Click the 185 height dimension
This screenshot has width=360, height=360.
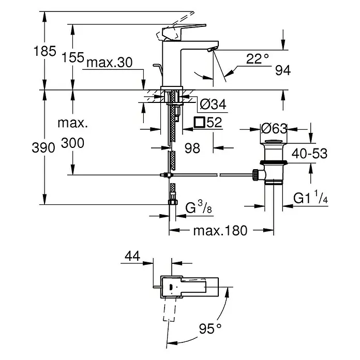point(45,51)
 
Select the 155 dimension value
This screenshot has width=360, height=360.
point(73,57)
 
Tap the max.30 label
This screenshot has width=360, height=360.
point(110,62)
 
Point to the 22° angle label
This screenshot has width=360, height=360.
point(258,59)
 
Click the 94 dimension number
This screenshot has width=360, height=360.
point(283,70)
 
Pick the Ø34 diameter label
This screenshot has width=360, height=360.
point(213,104)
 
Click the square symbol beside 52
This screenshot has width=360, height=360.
point(199,122)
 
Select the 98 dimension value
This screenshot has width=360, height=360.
point(192,148)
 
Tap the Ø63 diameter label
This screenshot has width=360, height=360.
point(274,129)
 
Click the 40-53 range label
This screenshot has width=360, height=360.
point(309,154)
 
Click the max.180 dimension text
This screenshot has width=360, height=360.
point(220,231)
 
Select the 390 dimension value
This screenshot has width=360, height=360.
point(43,147)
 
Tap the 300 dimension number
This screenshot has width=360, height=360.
point(72,143)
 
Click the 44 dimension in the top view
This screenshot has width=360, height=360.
point(132,256)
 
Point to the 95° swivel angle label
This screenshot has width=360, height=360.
point(210,328)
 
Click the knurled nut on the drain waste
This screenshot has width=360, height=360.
point(256,175)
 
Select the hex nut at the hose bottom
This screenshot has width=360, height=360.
point(173,202)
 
